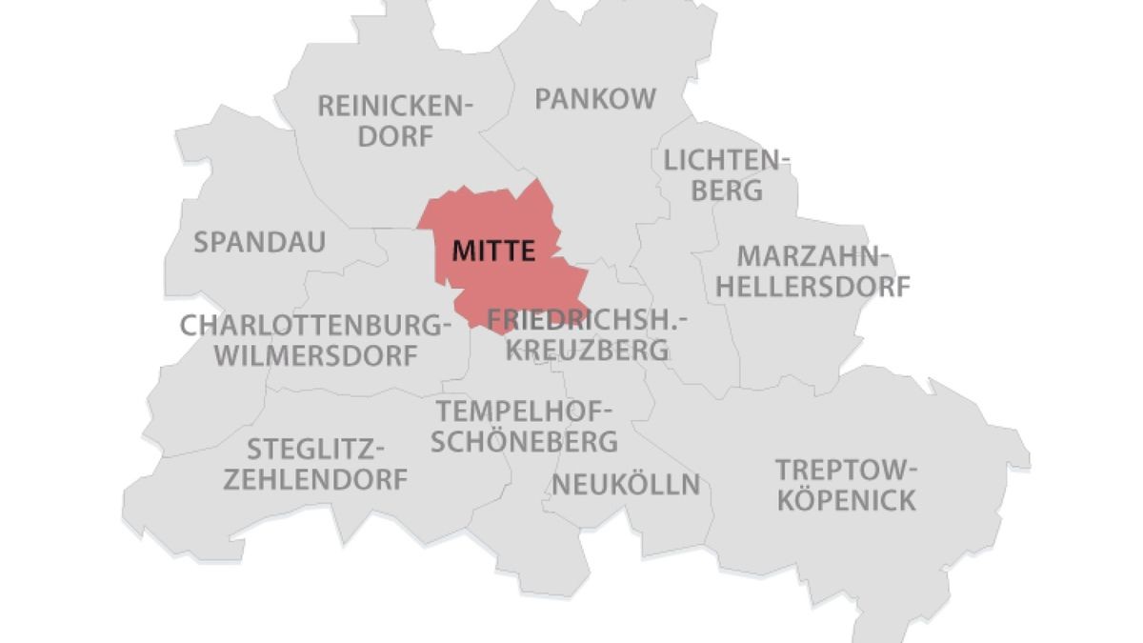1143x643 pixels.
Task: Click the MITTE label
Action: [492, 251]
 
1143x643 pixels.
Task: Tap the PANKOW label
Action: [595, 99]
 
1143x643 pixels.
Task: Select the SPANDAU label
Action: [259, 242]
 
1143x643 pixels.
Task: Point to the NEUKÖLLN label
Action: [626, 485]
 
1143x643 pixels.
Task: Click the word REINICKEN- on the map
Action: [395, 105]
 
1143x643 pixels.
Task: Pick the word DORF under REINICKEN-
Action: [395, 136]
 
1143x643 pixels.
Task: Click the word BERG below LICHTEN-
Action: [728, 190]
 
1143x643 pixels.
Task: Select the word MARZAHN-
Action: [814, 255]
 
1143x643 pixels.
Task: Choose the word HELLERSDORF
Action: [812, 286]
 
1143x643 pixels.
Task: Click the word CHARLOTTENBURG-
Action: [315, 326]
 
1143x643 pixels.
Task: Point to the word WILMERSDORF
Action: [316, 356]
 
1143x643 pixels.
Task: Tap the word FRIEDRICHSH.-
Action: [587, 319]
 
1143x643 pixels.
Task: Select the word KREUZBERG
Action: [587, 350]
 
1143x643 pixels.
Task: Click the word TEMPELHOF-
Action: [525, 412]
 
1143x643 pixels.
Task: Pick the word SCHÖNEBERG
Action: [525, 442]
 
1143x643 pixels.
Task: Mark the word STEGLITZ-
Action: [315, 448]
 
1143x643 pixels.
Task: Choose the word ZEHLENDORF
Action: [315, 479]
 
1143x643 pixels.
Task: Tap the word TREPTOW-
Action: [846, 470]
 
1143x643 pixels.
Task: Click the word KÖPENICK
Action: [846, 500]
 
